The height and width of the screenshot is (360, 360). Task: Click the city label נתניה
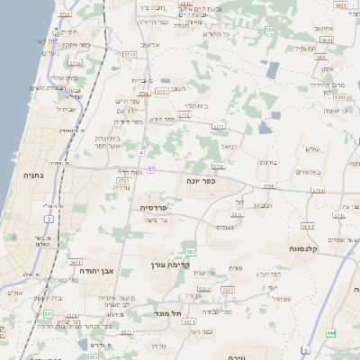[23, 166]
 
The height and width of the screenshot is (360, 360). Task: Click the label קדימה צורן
[169, 265]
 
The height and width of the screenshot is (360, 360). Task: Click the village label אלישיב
[151, 44]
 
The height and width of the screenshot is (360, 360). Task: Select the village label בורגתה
[266, 163]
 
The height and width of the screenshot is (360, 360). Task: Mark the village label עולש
[312, 148]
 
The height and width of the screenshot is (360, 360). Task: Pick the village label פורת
[237, 267]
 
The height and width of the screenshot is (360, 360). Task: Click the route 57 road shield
[152, 169]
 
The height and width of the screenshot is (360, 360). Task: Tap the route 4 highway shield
[140, 152]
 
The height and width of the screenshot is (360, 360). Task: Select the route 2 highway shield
[48, 219]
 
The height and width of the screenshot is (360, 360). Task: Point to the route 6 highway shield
[306, 349]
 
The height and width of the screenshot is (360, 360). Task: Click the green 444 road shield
[331, 333]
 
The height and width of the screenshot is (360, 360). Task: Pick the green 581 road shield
[270, 31]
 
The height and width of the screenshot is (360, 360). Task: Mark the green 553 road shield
[48, 313]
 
